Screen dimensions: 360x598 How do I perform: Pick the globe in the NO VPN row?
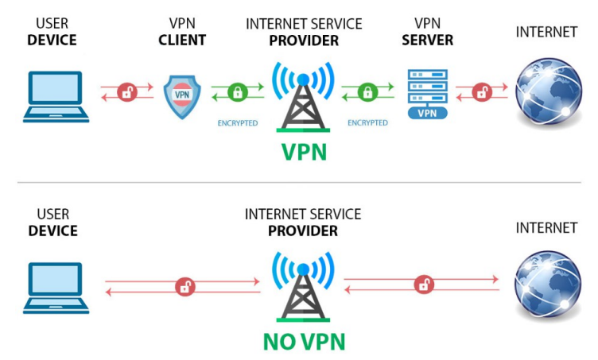coord(545,285)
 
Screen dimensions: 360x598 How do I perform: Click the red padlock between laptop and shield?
coord(127,92)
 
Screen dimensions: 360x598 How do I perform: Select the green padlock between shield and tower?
coord(236,92)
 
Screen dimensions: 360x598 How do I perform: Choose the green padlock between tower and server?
coord(367,92)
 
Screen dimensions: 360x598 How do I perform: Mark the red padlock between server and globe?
coord(481,92)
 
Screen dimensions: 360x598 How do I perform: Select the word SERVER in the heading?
coord(428,40)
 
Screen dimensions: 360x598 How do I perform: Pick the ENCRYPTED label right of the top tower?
coord(367,123)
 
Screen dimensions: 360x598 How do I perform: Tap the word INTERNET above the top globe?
coord(546,32)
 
